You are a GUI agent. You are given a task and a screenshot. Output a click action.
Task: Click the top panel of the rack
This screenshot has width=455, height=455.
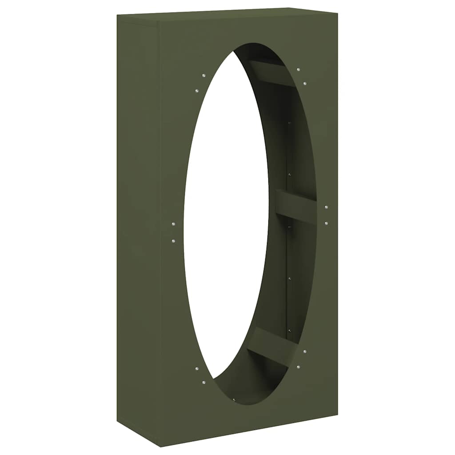[227, 15]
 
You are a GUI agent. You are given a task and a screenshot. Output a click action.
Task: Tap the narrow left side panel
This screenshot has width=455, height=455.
[137, 222]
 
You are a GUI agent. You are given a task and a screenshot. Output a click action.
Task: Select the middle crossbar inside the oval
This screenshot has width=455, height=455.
[296, 206]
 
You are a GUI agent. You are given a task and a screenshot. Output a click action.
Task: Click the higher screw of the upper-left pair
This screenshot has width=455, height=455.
[203, 75]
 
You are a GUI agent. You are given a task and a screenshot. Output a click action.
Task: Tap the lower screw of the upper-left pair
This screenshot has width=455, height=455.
[196, 91]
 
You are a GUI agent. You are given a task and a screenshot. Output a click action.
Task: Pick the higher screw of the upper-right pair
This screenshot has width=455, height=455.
[298, 70]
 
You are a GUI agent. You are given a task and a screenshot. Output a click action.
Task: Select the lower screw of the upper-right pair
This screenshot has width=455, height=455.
[305, 83]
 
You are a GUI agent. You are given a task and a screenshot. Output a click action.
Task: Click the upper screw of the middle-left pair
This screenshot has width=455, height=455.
[173, 224]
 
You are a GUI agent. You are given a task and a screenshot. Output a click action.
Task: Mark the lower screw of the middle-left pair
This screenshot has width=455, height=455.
[173, 241]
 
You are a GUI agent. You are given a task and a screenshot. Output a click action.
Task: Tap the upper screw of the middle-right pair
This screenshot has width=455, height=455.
[326, 208]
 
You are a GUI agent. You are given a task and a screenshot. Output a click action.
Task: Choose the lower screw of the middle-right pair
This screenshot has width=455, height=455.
[326, 223]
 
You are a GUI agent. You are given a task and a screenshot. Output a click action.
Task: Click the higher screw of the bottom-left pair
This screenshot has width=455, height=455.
[197, 368]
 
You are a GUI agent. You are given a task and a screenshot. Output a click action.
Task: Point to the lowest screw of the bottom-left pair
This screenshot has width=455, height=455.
[204, 382]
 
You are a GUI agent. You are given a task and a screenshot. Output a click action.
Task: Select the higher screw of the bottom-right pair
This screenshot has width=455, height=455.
[305, 351]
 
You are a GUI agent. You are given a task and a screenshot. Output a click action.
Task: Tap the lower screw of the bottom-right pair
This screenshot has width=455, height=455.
[298, 367]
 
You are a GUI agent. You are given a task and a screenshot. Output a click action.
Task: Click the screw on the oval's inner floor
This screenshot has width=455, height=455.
[234, 399]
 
